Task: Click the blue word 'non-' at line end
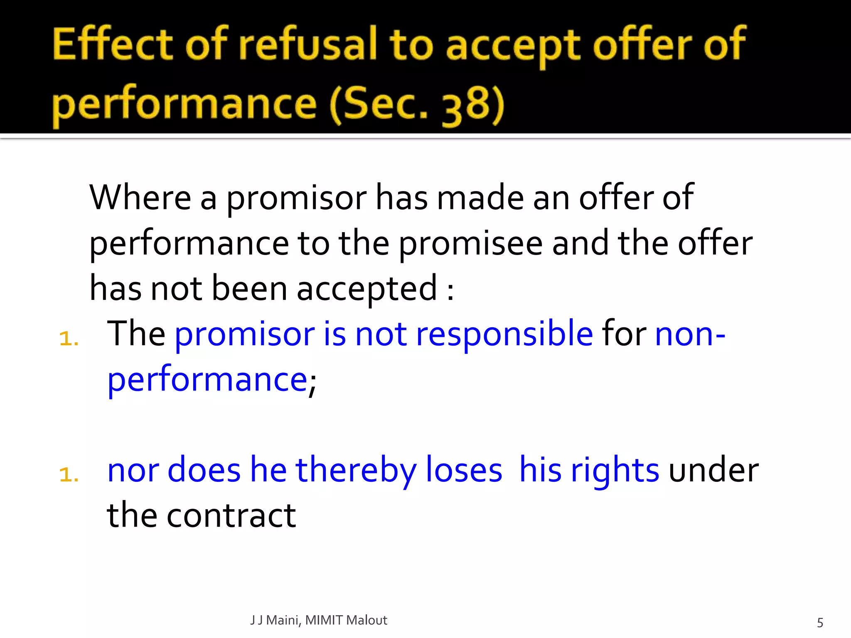tap(690, 334)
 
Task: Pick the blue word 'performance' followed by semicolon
tap(207, 380)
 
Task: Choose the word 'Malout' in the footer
tap(366, 620)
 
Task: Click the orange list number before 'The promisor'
tap(69, 338)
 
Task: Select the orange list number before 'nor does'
tap(69, 474)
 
